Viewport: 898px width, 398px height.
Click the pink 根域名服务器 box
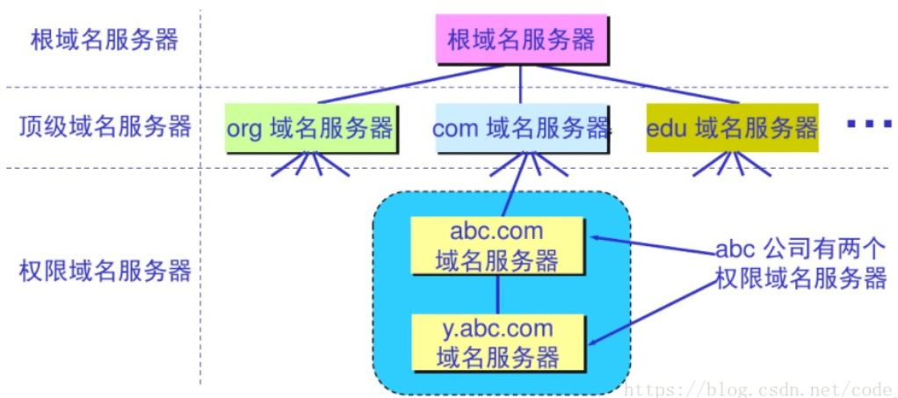point(520,40)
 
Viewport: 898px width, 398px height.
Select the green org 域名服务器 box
point(311,127)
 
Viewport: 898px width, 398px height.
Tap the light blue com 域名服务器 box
point(520,127)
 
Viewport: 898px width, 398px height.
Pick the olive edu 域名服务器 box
point(733,127)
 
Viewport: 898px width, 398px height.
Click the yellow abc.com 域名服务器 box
point(496,246)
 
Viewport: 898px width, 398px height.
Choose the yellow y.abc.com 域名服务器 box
point(497,342)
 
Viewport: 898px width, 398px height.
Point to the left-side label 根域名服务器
point(105,41)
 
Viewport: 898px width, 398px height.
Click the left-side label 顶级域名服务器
point(105,127)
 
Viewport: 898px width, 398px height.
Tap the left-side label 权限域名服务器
point(105,271)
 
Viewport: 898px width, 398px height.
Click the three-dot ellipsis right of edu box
point(869,123)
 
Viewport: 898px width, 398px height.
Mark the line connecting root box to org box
point(410,83)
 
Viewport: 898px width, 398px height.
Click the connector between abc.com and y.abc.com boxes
point(497,294)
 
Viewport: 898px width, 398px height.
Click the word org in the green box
point(244,129)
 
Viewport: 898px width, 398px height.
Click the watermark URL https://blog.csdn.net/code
point(761,387)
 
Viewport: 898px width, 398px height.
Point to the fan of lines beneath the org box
point(311,165)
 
